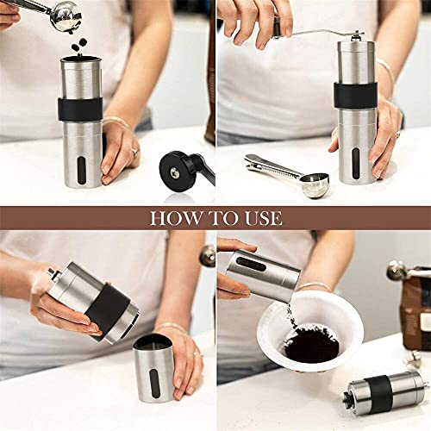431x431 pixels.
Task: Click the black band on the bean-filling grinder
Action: (x=81, y=109)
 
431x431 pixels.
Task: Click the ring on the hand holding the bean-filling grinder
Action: (x=134, y=152)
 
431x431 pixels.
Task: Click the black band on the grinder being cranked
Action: (x=356, y=93)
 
